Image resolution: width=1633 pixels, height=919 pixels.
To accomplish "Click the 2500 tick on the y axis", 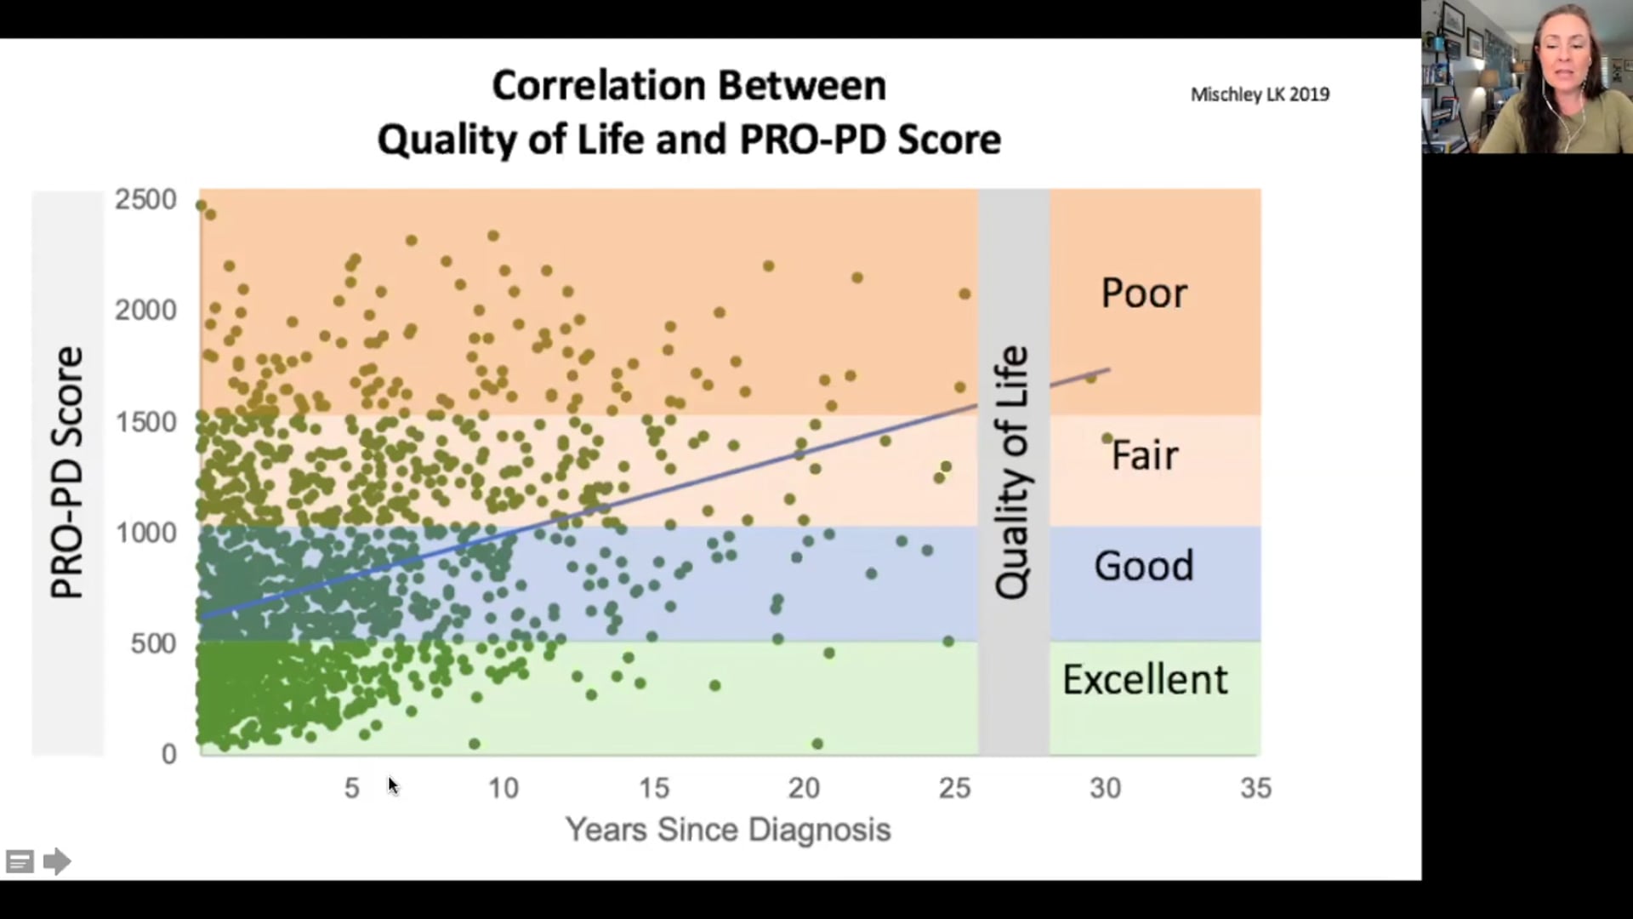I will (x=145, y=200).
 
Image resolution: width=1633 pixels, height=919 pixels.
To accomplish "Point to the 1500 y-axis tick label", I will (x=145, y=422).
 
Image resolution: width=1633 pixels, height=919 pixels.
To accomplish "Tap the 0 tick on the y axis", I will (x=168, y=754).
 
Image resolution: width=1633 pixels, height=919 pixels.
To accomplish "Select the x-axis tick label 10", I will (x=503, y=788).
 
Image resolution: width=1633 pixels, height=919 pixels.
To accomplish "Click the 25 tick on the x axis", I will (x=954, y=788).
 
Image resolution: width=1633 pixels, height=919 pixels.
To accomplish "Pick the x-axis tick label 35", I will (x=1255, y=788).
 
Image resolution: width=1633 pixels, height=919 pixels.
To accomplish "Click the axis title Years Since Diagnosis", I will (x=728, y=829).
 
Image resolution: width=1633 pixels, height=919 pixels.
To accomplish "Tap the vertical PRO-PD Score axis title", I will (x=67, y=472).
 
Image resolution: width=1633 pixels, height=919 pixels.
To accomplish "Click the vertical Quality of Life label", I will (x=1012, y=472).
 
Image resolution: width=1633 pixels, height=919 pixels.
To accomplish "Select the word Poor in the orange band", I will (x=1143, y=294).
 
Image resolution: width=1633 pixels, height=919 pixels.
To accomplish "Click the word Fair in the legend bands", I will (x=1144, y=455).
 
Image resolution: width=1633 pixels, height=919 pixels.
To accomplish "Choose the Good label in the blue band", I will (x=1143, y=566).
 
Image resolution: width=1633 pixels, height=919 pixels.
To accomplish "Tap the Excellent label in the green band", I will (x=1145, y=680).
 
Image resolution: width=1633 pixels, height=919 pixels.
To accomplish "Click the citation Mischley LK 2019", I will (x=1260, y=94).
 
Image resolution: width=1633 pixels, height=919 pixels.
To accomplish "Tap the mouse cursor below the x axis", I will (x=392, y=785).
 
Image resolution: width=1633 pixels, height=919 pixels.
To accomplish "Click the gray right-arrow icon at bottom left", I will (x=56, y=861).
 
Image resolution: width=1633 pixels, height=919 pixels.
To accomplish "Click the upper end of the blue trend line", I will (x=1107, y=370).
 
